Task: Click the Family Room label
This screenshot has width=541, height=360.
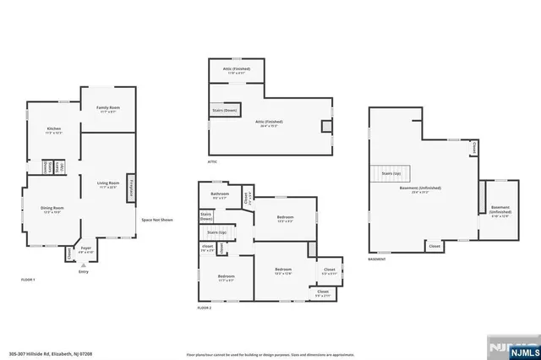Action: pyautogui.click(x=107, y=109)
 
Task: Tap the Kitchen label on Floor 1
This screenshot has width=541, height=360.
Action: pyautogui.click(x=52, y=131)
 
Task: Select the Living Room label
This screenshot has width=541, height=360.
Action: pyautogui.click(x=107, y=184)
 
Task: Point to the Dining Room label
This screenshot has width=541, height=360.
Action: pyautogui.click(x=52, y=209)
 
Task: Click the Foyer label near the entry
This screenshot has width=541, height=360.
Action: pyautogui.click(x=86, y=251)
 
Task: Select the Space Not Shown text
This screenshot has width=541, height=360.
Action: pyautogui.click(x=157, y=220)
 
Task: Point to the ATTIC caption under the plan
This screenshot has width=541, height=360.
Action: pyautogui.click(x=214, y=161)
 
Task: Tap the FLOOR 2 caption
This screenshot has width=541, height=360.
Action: pyautogui.click(x=204, y=308)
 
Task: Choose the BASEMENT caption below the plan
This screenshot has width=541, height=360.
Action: pyautogui.click(x=377, y=259)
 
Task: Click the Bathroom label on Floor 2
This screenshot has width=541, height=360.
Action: pyautogui.click(x=219, y=197)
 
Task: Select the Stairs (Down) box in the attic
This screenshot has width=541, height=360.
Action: pyautogui.click(x=225, y=111)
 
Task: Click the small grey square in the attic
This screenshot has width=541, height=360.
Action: pyautogui.click(x=326, y=126)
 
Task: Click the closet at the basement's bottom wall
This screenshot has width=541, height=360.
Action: pyautogui.click(x=434, y=246)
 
